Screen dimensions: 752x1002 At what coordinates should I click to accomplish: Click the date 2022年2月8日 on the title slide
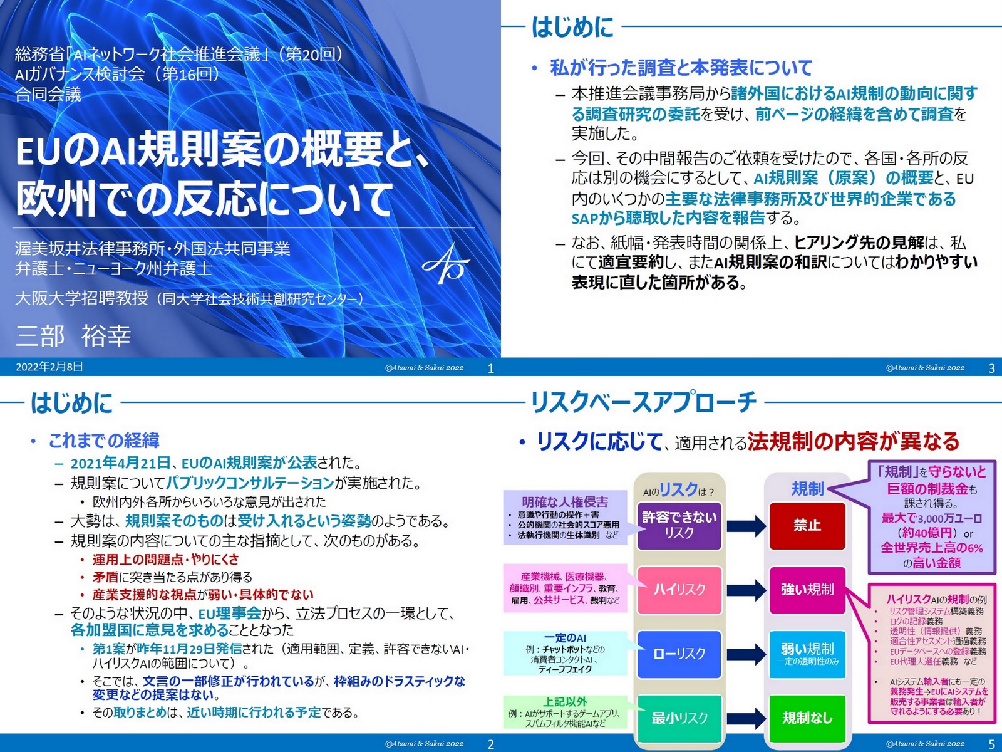pos(49,367)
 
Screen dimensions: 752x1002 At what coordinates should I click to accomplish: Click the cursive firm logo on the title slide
pos(446,264)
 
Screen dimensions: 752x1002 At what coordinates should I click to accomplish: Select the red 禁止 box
pos(807,525)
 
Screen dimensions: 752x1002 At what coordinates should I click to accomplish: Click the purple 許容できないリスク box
pos(679,525)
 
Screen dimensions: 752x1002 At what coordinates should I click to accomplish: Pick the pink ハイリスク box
pos(679,589)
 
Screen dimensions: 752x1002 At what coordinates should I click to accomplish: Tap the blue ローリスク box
pos(679,654)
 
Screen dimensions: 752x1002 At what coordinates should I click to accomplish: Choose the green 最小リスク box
pos(679,718)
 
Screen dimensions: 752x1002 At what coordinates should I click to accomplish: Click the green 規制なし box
pos(807,718)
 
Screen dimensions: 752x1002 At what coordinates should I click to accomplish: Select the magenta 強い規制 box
pos(807,589)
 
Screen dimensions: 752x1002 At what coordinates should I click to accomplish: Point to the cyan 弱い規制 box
pos(807,654)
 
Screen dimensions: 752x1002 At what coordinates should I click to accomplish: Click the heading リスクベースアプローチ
pos(644,402)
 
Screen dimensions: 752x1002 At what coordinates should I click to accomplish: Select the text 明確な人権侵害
pos(565,502)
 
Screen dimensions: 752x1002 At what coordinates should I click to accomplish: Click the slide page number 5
pos(991,744)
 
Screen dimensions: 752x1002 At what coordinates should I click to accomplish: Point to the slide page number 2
pos(490,744)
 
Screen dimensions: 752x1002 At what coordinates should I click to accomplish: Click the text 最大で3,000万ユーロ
pos(932,518)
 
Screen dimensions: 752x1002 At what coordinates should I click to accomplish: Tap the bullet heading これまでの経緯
pos(104,441)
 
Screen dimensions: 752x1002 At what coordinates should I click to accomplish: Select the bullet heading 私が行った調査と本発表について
pos(681,68)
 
